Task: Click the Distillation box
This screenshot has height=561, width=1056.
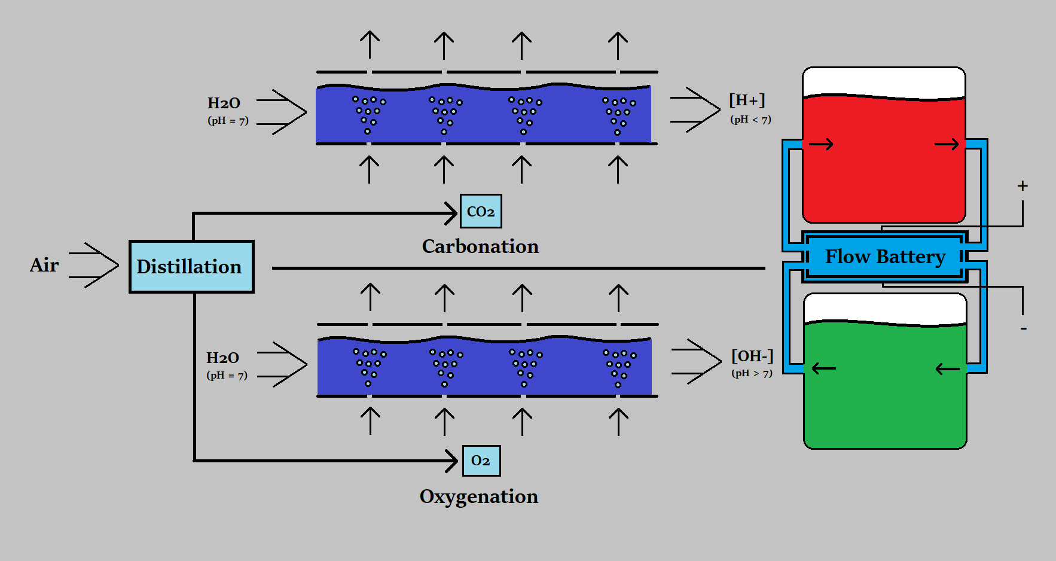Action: pyautogui.click(x=191, y=267)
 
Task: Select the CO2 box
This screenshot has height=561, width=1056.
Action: pyautogui.click(x=481, y=211)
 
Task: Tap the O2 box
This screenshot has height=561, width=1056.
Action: pyautogui.click(x=481, y=461)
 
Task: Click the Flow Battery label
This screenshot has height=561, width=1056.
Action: pyautogui.click(x=885, y=257)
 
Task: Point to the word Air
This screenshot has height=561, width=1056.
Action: pyautogui.click(x=44, y=265)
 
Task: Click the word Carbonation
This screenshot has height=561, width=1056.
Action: pyautogui.click(x=480, y=246)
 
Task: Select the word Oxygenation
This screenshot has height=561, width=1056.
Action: pyautogui.click(x=478, y=496)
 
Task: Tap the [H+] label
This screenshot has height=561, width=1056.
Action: pyautogui.click(x=747, y=100)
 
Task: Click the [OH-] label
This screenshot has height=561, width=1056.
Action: pyautogui.click(x=752, y=356)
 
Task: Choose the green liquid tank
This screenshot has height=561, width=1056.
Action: pyautogui.click(x=885, y=386)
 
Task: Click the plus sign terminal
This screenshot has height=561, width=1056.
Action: pyautogui.click(x=1023, y=186)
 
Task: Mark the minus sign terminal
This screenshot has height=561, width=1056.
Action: pyautogui.click(x=1024, y=328)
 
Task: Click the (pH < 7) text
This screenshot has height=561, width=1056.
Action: pyautogui.click(x=750, y=120)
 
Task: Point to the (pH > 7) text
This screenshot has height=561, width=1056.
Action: pyautogui.click(x=752, y=373)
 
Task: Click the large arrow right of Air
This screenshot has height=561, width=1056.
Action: pyautogui.click(x=94, y=265)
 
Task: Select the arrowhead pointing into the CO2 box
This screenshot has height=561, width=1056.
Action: pyautogui.click(x=452, y=213)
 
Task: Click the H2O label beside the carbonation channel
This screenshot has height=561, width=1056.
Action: pyautogui.click(x=224, y=103)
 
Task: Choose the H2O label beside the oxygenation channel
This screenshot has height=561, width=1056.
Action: pyautogui.click(x=222, y=358)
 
